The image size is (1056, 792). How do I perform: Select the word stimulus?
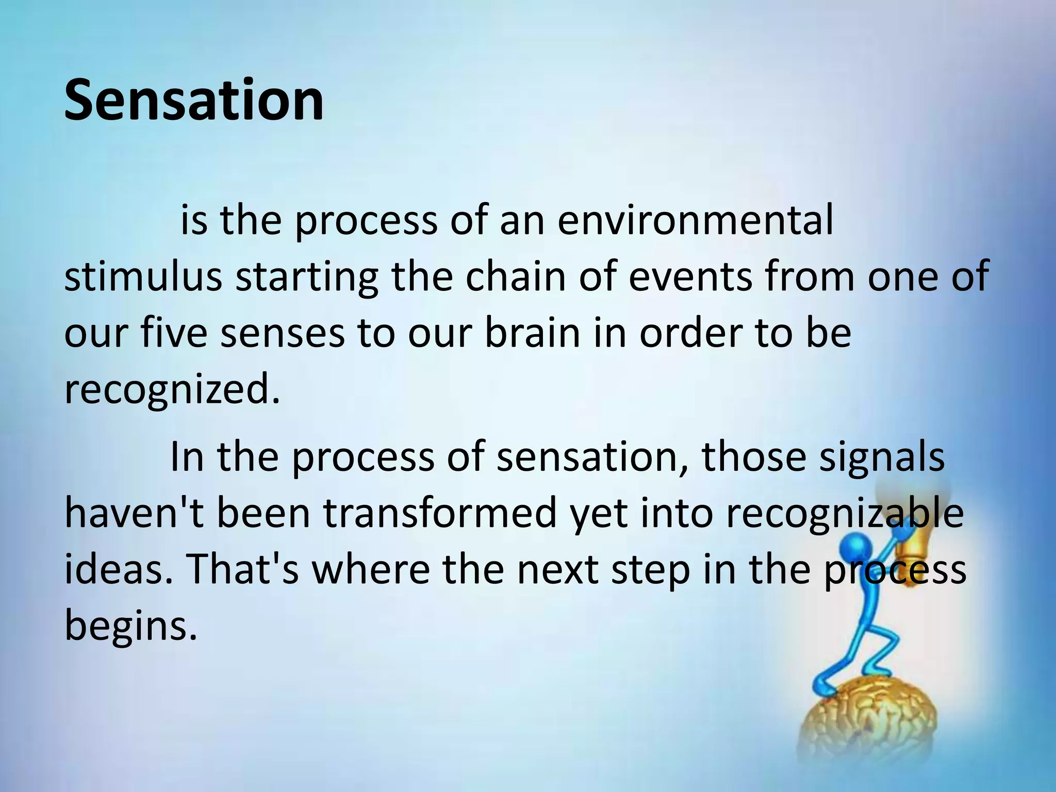pyautogui.click(x=143, y=277)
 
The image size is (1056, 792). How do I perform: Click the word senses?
pyautogui.click(x=283, y=334)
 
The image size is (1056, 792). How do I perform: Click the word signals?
pyautogui.click(x=882, y=457)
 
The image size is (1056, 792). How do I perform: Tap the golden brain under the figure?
pyautogui.click(x=871, y=722)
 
